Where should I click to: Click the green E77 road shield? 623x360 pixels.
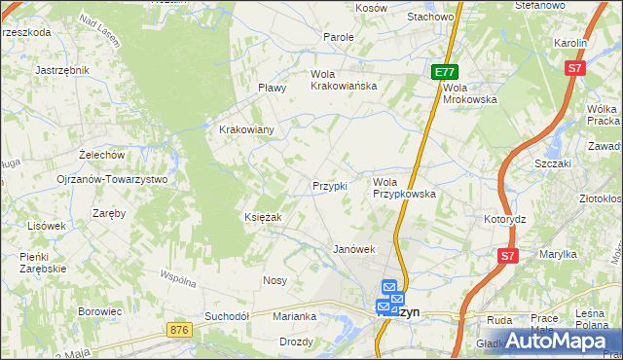point(445,72)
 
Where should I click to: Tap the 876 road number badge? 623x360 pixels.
point(178,331)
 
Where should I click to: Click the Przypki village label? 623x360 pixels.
point(329,186)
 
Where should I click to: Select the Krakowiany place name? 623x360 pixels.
point(246,129)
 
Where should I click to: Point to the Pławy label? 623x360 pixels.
point(272,88)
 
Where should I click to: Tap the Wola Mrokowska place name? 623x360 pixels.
point(469,92)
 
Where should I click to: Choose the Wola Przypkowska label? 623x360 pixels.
point(404,188)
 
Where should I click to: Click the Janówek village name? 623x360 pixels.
point(354,249)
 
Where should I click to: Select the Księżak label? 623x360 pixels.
point(264,217)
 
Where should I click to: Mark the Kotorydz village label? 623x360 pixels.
point(504,219)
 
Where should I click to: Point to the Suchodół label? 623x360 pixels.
point(227,316)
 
